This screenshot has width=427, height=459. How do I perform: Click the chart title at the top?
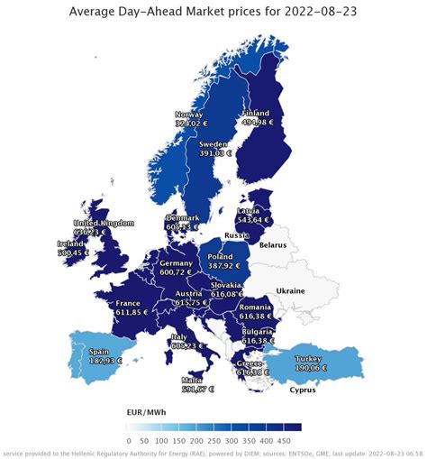[x=213, y=11]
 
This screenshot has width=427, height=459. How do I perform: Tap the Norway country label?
[x=189, y=115]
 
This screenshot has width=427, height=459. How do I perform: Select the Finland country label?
[x=256, y=114]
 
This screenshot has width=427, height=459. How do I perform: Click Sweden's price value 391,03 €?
[x=214, y=153]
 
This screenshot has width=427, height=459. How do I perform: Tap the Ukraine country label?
[x=291, y=290]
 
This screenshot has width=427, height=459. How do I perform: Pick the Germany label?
[x=177, y=262]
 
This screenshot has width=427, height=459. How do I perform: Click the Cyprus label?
[x=304, y=390]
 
